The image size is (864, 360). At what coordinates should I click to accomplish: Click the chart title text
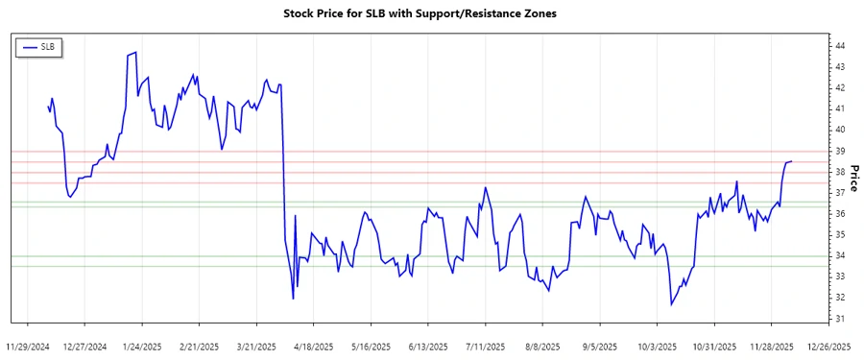pos(420,14)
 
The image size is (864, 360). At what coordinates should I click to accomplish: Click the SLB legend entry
pos(38,46)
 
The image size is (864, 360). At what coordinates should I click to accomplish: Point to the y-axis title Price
pos(853,178)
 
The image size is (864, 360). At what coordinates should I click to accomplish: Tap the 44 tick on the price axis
pos(839,46)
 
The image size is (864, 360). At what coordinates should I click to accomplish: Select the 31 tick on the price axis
pos(839,319)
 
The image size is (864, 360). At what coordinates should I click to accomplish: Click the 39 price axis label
pos(839,151)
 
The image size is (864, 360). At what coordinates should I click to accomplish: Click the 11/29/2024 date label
pos(27,346)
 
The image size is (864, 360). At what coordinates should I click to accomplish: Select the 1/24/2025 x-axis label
pos(142,346)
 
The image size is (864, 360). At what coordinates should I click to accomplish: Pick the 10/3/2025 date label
pos(657,346)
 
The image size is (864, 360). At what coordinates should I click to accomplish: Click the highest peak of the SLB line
pos(135,52)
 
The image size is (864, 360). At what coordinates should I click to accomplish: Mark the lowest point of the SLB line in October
pos(672,305)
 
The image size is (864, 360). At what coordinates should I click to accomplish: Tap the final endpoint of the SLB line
pos(790,161)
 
